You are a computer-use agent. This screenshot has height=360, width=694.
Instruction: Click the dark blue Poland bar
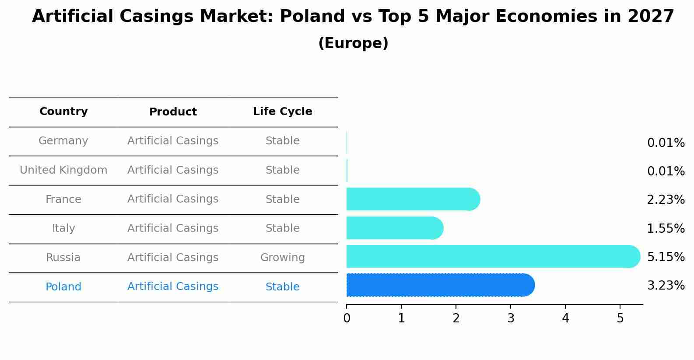(440, 285)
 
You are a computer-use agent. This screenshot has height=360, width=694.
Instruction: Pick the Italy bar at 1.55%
(394, 228)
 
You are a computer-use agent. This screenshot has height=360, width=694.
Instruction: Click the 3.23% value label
(666, 286)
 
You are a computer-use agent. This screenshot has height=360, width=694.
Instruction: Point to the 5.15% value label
(666, 257)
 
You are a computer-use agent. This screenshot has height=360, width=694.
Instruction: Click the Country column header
(63, 112)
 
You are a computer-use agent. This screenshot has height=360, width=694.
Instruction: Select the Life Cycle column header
(282, 112)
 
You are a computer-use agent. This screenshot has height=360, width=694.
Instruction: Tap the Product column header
(173, 112)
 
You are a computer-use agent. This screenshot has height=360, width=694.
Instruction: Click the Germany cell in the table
(63, 141)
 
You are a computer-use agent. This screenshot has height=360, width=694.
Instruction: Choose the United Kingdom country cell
(63, 170)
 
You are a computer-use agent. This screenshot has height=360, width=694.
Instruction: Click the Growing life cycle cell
(282, 258)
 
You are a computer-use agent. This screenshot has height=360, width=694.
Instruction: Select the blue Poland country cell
(63, 287)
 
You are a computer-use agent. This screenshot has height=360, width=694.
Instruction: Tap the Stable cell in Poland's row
(282, 287)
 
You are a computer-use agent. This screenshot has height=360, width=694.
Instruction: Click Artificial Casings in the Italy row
(173, 228)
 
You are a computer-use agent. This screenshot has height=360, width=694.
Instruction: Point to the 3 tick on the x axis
(511, 318)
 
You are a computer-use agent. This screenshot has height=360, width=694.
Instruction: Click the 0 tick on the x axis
(347, 318)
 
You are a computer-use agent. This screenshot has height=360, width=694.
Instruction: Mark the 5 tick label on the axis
(620, 318)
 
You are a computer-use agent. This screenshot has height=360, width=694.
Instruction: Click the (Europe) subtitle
(353, 43)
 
